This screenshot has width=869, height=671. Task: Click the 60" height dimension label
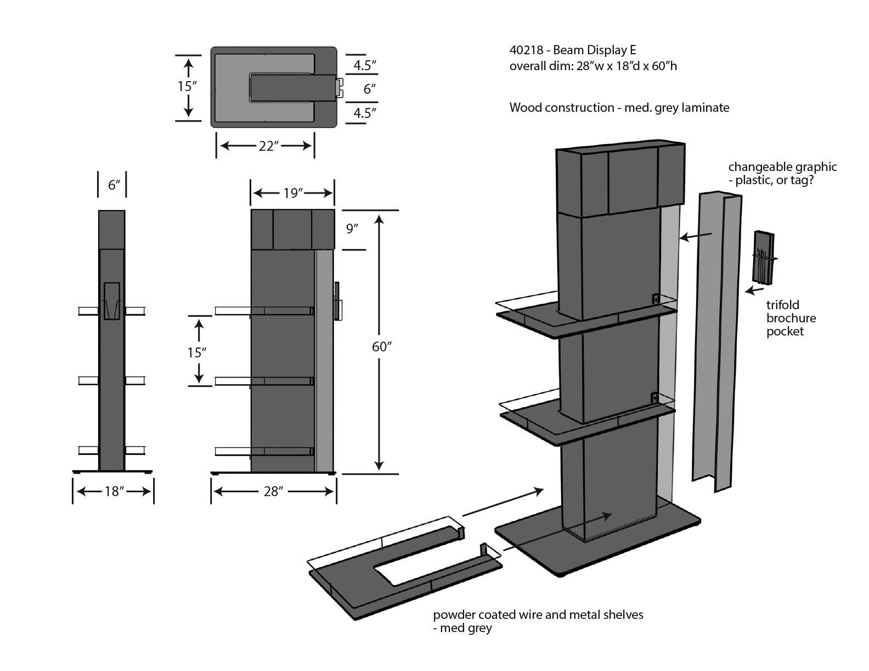(381, 346)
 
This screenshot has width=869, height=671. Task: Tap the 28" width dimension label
(272, 491)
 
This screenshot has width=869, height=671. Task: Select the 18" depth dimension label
(112, 491)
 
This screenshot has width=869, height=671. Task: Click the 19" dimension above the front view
(293, 193)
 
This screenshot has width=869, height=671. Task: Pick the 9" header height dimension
(352, 229)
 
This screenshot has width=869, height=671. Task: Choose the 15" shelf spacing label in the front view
(196, 352)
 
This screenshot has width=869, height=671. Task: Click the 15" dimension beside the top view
(187, 86)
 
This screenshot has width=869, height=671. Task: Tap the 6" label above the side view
(114, 185)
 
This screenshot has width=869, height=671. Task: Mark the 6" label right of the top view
(369, 89)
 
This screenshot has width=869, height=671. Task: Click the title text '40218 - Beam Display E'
(573, 50)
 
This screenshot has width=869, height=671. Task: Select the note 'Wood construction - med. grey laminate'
(619, 107)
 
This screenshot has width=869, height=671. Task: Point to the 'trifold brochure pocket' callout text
(791, 318)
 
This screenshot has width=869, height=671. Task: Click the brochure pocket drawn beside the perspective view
(763, 258)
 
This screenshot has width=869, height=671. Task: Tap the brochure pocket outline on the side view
(111, 301)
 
